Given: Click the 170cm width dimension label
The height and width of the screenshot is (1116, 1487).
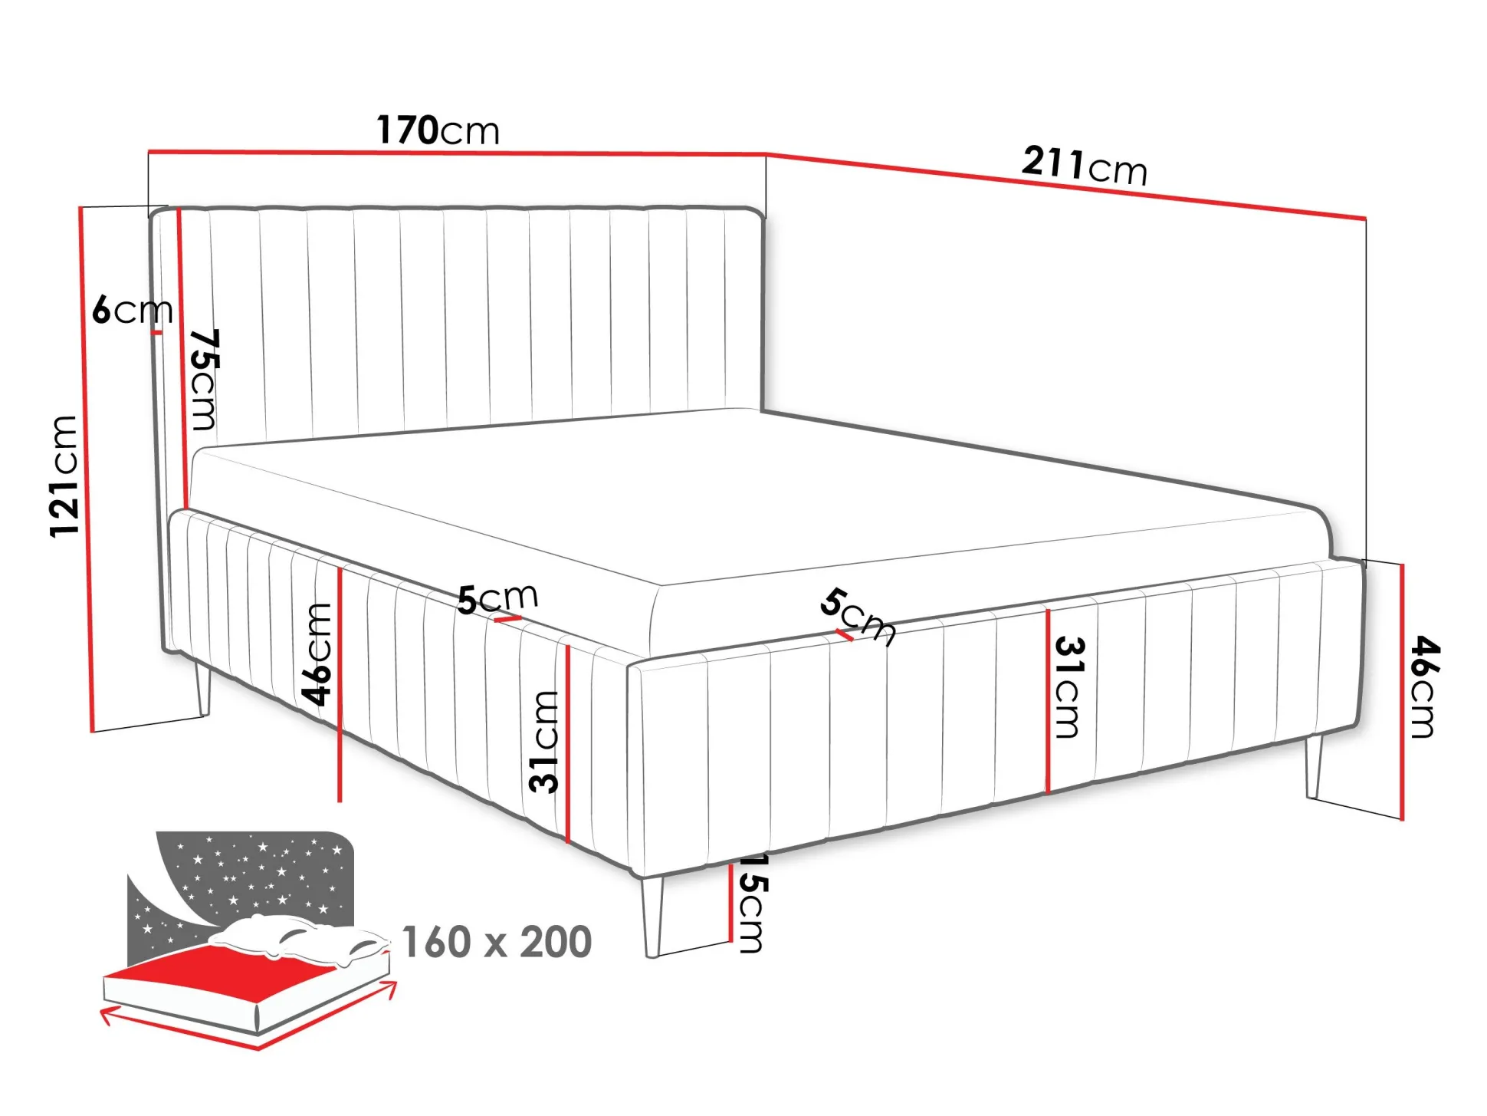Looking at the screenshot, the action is pos(438,130).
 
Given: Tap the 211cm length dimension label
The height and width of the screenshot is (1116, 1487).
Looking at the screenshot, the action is pos(1085,166).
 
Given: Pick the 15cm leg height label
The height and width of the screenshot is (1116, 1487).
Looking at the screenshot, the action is pos(751,904).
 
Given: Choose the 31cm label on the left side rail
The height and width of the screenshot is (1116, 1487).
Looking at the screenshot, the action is pos(545,742).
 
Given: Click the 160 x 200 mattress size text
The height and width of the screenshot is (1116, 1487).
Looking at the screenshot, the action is pos(497,942).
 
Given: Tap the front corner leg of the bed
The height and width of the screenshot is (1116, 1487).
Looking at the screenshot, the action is pos(652,917).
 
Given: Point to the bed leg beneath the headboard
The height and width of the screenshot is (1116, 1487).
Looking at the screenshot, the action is pos(202,688).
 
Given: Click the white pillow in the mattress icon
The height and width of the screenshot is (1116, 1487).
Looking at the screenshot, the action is pos(299,939).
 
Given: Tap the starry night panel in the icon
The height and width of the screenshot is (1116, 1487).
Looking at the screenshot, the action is pos(241,890).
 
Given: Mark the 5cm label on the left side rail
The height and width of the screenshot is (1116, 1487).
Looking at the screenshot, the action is pos(497,598).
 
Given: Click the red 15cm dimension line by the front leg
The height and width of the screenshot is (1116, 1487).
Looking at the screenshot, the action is pos(732,902).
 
